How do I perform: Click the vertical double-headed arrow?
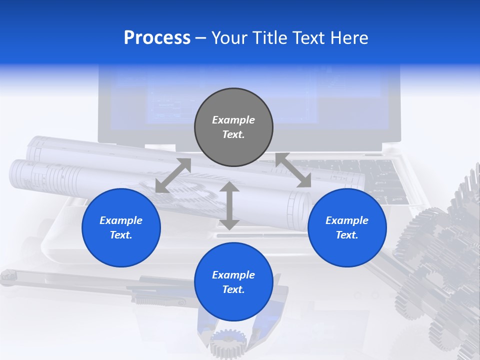[229, 205]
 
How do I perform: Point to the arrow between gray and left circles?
[173, 175]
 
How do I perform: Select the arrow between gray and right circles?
[293, 170]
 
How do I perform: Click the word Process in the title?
[157, 38]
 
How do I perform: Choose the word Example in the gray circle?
[233, 120]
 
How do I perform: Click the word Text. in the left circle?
[121, 235]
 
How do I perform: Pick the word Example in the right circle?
[347, 220]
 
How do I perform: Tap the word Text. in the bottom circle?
[233, 289]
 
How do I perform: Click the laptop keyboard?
[385, 180]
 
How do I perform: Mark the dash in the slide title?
[201, 38]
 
